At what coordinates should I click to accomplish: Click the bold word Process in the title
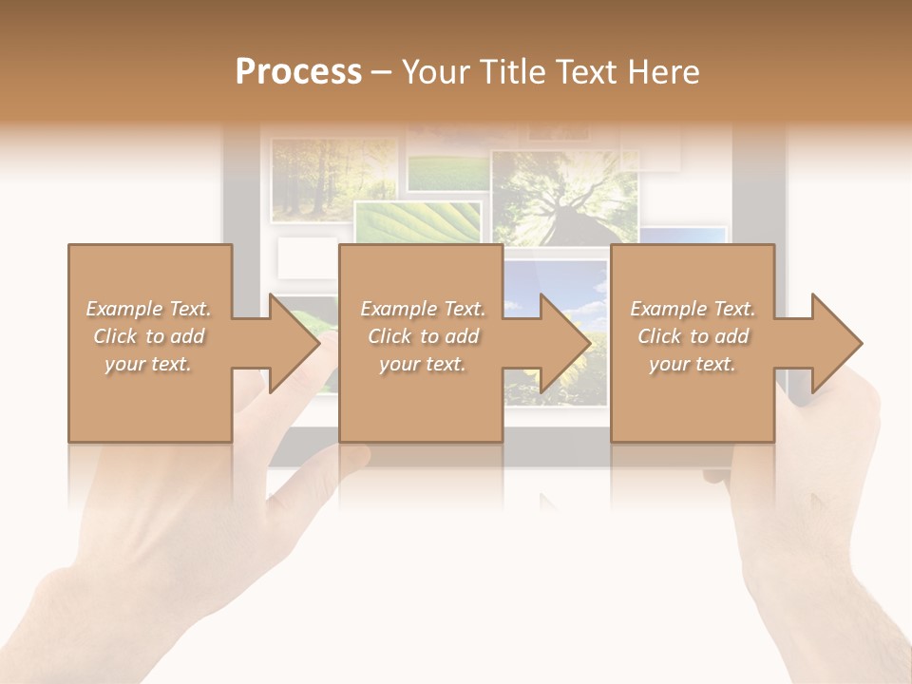click(x=298, y=72)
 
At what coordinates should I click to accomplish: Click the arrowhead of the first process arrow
click(x=294, y=343)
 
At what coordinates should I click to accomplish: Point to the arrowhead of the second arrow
click(x=565, y=343)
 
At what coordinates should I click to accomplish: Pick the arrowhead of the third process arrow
click(x=836, y=343)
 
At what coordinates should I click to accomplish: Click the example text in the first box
click(x=148, y=336)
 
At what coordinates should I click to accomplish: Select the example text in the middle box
click(x=423, y=336)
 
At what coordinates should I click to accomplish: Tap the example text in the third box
click(x=693, y=336)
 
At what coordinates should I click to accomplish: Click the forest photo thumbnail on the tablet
click(x=332, y=178)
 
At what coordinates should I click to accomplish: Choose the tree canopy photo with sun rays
click(x=564, y=195)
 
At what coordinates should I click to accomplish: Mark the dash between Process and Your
click(x=382, y=72)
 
